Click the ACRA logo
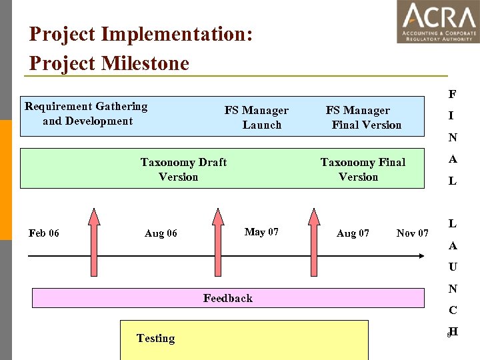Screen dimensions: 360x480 tap(438, 21)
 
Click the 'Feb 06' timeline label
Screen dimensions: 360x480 tap(44, 233)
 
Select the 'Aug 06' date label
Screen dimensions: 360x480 tap(161, 233)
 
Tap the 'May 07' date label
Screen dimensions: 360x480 tap(261, 232)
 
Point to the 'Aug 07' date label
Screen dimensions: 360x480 tap(353, 233)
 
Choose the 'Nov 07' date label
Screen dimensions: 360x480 tap(412, 233)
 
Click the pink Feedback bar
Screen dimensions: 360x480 tap(228, 298)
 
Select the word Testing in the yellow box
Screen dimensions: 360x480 tap(155, 338)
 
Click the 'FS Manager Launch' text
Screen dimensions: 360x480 tap(257, 117)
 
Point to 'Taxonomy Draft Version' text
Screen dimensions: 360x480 tap(183, 169)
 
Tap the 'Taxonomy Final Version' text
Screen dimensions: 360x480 tap(362, 169)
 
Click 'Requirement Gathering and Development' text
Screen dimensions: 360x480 tap(86, 113)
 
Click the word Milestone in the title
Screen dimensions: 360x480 tap(145, 63)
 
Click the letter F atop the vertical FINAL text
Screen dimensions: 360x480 tap(452, 94)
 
